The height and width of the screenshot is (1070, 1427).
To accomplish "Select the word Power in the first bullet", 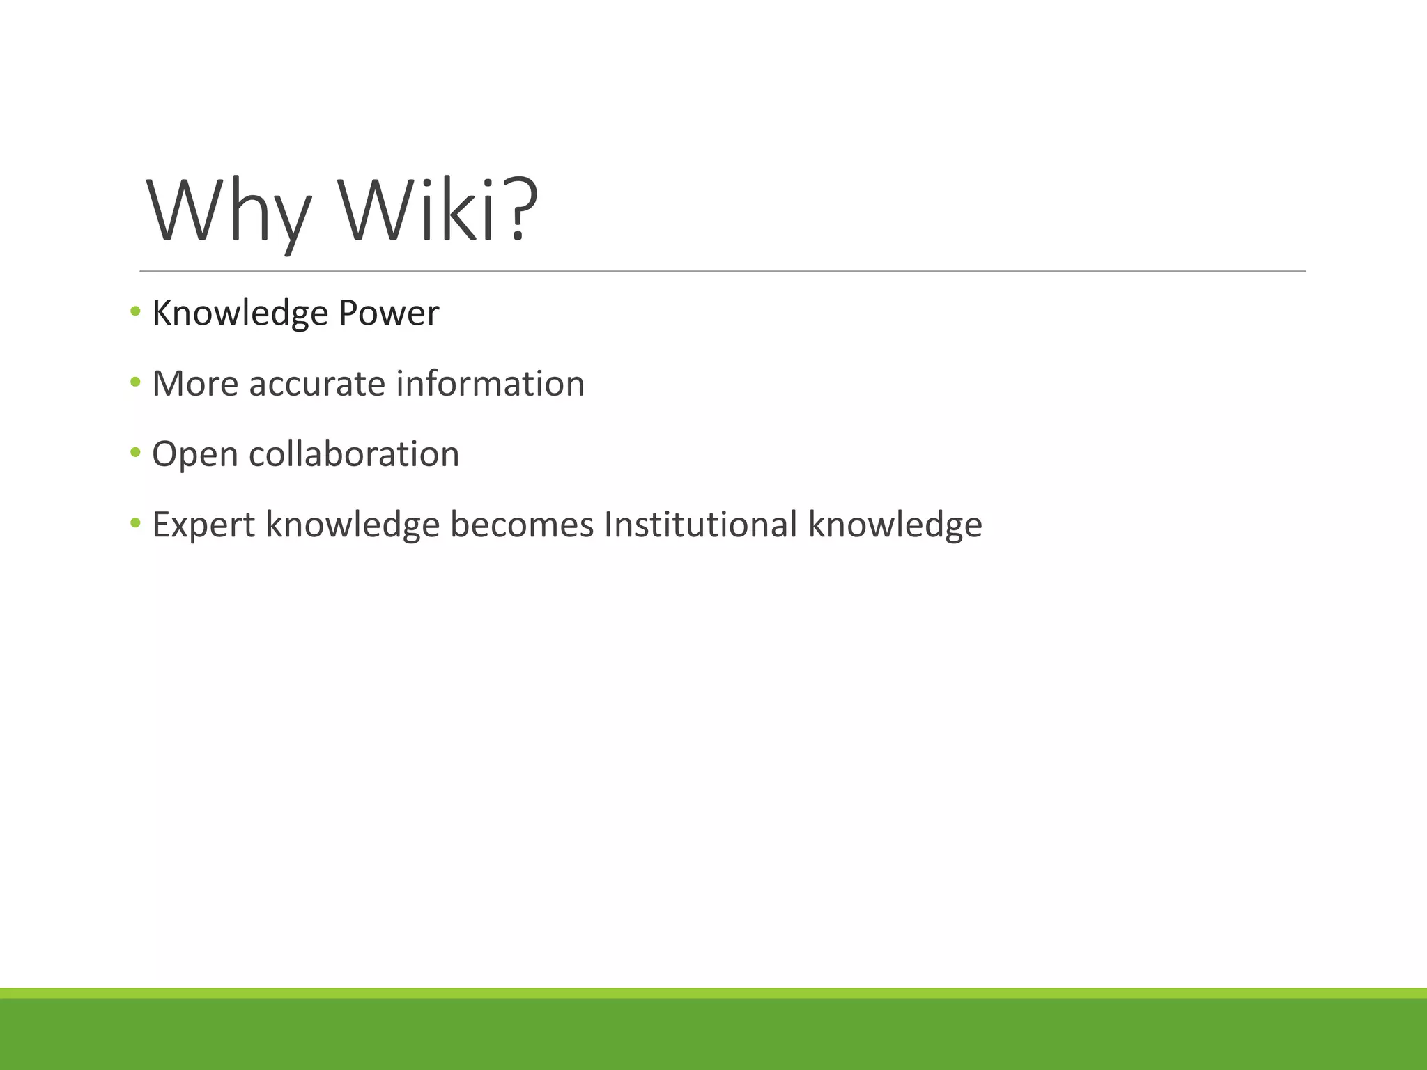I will (x=389, y=313).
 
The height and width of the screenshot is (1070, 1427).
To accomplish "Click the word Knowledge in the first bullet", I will (x=240, y=313).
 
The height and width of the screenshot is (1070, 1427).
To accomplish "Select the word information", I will (x=490, y=384).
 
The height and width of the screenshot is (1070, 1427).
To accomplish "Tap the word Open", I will (x=195, y=455).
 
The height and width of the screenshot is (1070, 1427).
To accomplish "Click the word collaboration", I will (x=354, y=454).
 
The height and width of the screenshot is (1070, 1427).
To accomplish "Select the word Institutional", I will (x=700, y=525).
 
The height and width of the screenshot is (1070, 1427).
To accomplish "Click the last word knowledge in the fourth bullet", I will (x=895, y=525).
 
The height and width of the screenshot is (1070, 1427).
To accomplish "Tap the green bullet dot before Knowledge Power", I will (x=135, y=311).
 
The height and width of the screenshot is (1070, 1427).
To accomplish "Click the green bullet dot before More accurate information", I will (x=135, y=381).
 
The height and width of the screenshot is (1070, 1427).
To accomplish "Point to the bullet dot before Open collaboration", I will (x=135, y=452).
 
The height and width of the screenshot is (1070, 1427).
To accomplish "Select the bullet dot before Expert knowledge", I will (x=135, y=522).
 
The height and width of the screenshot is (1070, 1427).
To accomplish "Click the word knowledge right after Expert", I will (x=353, y=525).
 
